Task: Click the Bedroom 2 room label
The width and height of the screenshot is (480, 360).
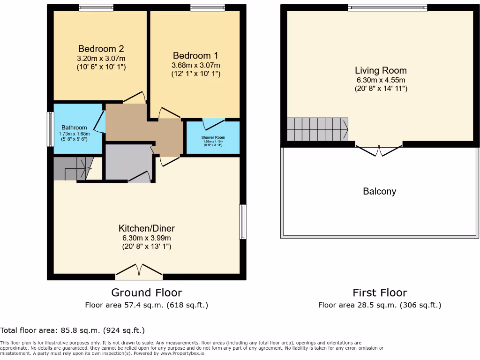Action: pyautogui.click(x=101, y=49)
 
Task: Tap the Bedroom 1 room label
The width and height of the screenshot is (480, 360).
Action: pyautogui.click(x=195, y=56)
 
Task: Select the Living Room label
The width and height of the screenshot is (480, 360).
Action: pyautogui.click(x=380, y=70)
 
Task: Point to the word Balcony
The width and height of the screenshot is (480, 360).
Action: pyautogui.click(x=379, y=191)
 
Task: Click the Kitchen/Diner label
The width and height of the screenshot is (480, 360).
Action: pyautogui.click(x=146, y=228)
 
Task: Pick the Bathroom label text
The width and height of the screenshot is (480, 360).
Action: pyautogui.click(x=74, y=127)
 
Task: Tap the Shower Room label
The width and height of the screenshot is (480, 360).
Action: pyautogui.click(x=213, y=137)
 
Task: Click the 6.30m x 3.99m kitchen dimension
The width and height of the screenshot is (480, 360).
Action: pyautogui.click(x=146, y=238)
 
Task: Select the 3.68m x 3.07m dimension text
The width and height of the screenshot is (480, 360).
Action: pyautogui.click(x=195, y=65)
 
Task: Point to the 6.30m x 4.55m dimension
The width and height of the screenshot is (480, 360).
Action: pyautogui.click(x=380, y=80)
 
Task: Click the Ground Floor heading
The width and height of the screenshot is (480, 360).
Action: pyautogui.click(x=146, y=293)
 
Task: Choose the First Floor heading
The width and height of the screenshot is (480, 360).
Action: pyautogui.click(x=380, y=293)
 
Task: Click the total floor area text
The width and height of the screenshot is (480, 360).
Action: pyautogui.click(x=72, y=330)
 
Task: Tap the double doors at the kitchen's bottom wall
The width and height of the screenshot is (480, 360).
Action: pyautogui.click(x=139, y=270)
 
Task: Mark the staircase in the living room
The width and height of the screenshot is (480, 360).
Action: pyautogui.click(x=317, y=129)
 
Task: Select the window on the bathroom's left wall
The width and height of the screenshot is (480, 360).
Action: pyautogui.click(x=50, y=129)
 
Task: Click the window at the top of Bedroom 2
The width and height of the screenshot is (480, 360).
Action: pyautogui.click(x=96, y=7)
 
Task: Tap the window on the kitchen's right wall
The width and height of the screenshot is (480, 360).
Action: pyautogui.click(x=242, y=222)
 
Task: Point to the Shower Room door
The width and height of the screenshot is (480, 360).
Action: pyautogui.click(x=213, y=124)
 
